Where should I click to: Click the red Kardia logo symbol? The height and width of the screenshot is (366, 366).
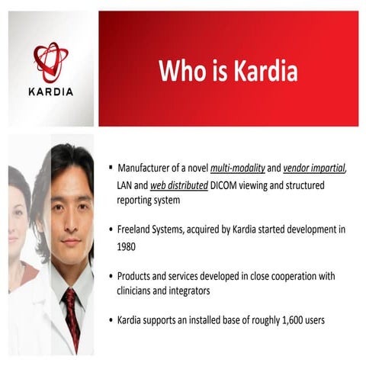pos(50,63)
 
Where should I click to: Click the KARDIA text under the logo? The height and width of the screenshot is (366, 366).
pos(51,91)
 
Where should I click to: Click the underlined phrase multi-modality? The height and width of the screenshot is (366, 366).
pos(236,168)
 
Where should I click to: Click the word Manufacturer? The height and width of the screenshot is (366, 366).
pos(146,168)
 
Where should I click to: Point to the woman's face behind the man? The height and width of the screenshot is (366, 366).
pos(17,221)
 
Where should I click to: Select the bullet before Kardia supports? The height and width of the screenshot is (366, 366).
pos(111,320)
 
